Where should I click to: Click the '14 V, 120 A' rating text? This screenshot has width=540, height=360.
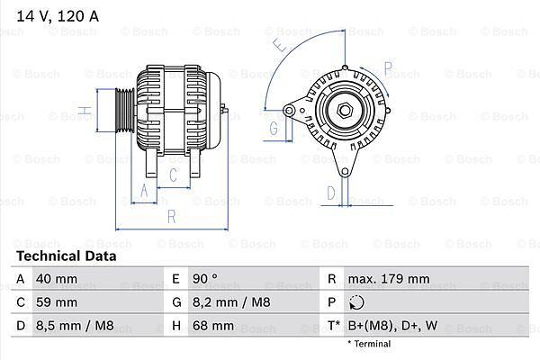pyautogui.click(x=58, y=16)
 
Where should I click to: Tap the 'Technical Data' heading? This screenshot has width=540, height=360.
pyautogui.click(x=67, y=256)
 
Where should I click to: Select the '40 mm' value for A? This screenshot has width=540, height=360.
pyautogui.click(x=57, y=279)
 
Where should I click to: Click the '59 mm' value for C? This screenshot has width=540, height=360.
pyautogui.click(x=57, y=302)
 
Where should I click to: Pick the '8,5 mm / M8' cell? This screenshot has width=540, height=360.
pyautogui.click(x=75, y=326)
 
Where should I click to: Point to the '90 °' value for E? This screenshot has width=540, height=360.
pyautogui.click(x=205, y=279)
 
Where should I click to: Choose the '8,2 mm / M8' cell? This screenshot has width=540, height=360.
pyautogui.click(x=231, y=302)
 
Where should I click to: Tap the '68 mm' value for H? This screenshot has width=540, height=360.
pyautogui.click(x=213, y=326)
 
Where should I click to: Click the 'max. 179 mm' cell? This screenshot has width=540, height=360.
pyautogui.click(x=389, y=279)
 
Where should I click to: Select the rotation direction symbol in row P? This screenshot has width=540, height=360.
pyautogui.click(x=356, y=302)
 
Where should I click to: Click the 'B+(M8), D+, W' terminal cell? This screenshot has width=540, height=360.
pyautogui.click(x=393, y=326)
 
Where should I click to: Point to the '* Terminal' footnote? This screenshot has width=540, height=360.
pyautogui.click(x=369, y=344)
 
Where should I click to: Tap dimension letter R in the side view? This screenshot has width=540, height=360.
pyautogui.click(x=172, y=217)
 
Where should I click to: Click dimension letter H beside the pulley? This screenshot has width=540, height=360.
pyautogui.click(x=85, y=111)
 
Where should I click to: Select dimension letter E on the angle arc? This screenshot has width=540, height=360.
pyautogui.click(x=281, y=46)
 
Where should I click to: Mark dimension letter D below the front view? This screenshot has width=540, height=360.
pyautogui.click(x=331, y=193)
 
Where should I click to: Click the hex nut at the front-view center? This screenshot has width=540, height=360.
pyautogui.click(x=344, y=110)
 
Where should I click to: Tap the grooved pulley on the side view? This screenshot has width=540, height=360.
pyautogui.click(x=124, y=111)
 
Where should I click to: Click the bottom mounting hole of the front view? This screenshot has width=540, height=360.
pyautogui.click(x=345, y=171)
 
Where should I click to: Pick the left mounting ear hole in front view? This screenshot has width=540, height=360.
pyautogui.click(x=289, y=111)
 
